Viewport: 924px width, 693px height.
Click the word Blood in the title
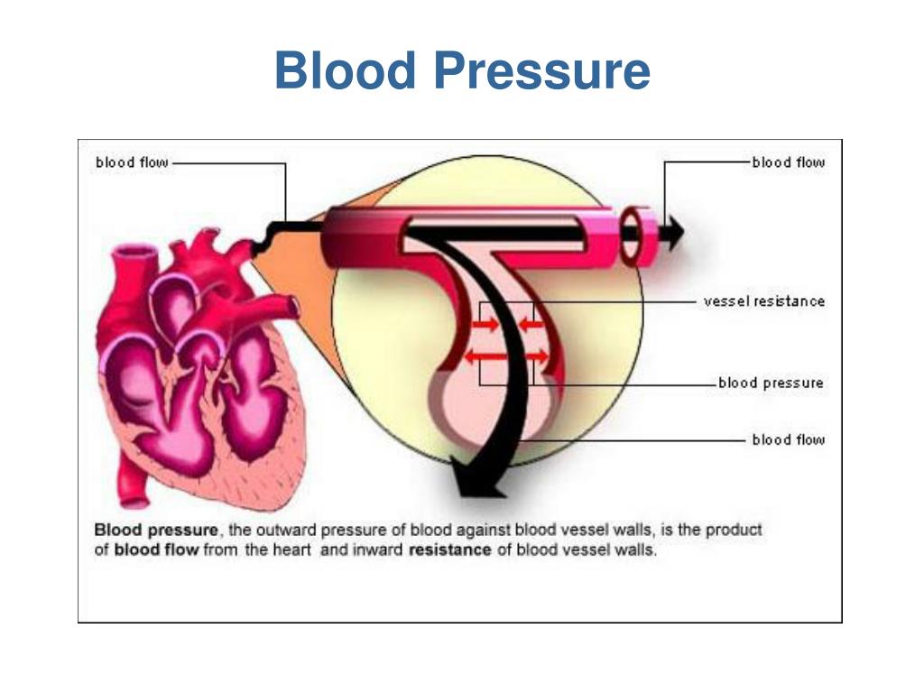346,70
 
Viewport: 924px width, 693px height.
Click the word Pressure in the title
542,70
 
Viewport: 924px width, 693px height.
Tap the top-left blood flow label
132,162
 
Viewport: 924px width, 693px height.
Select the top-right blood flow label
789,162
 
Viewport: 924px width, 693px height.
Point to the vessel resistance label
764,301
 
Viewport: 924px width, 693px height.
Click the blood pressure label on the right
771,383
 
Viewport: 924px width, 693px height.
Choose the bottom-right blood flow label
789,439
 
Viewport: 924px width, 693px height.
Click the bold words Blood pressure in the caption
156,530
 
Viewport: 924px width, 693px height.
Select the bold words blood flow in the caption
156,550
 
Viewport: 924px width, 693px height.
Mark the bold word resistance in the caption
449,550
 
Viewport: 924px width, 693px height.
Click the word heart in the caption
291,550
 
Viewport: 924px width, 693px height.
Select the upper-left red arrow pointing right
485,324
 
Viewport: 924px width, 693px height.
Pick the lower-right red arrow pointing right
535,356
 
